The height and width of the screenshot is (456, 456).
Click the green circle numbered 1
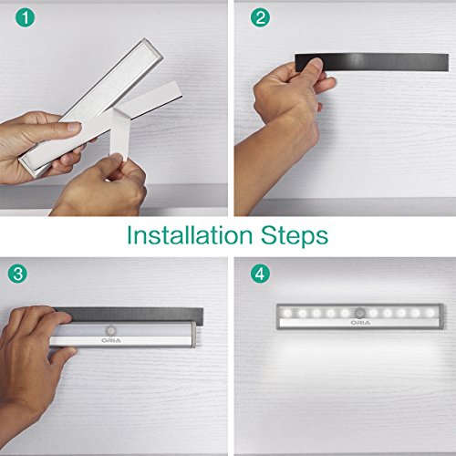click(x=26, y=17)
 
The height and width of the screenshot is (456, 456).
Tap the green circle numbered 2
click(x=260, y=17)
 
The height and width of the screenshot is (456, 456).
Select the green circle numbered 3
click(x=17, y=274)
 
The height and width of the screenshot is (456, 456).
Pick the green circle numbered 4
click(x=260, y=274)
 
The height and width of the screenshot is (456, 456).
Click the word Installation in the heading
click(x=190, y=235)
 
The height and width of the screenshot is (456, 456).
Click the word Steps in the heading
click(x=295, y=235)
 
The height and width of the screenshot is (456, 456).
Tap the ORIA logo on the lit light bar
click(x=360, y=323)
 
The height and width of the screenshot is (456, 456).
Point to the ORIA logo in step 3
click(x=111, y=340)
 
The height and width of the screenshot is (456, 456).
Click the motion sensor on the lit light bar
click(x=359, y=313)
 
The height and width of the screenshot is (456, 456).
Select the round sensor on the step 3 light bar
click(x=110, y=331)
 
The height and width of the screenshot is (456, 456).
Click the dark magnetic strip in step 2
click(x=371, y=62)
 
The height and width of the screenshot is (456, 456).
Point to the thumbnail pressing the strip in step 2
click(x=316, y=64)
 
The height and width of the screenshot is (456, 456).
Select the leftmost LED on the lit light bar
click(x=287, y=313)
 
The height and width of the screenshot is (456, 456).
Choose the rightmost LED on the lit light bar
click(x=430, y=313)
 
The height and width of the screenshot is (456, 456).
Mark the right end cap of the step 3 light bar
click(x=193, y=335)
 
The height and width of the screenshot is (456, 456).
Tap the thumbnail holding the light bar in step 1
click(x=73, y=127)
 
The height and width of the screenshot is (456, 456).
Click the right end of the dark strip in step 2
click(x=447, y=63)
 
